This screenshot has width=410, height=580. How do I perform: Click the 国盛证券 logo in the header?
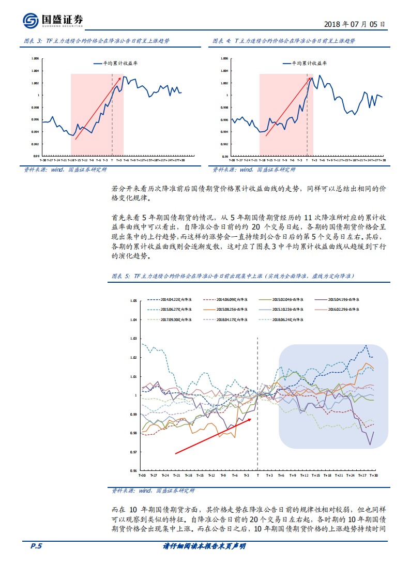tap(53, 21)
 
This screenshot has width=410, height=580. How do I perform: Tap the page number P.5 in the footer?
tap(33, 546)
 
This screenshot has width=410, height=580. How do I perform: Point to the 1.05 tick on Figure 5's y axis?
tap(133, 300)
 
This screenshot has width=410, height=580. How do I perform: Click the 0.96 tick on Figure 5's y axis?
tap(133, 471)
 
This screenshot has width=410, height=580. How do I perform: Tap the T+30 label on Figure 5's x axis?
tap(373, 475)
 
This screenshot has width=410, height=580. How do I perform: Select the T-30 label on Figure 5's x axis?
tap(142, 475)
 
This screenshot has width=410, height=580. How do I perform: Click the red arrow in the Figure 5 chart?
tap(213, 436)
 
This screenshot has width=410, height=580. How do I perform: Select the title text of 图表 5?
tap(233, 276)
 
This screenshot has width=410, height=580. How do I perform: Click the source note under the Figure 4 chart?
tap(254, 169)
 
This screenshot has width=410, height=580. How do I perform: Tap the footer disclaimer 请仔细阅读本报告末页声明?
tap(204, 546)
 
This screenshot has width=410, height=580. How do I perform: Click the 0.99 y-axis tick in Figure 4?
tap(224, 156)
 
